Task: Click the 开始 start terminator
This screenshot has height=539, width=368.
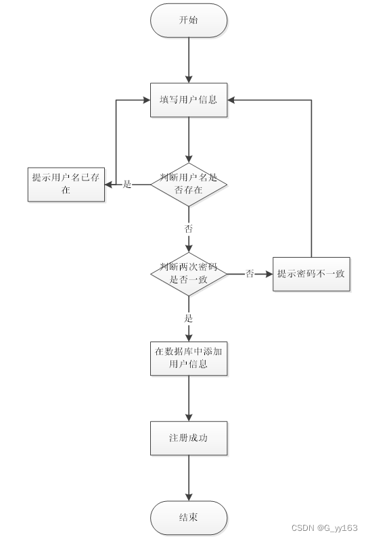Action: pos(189,20)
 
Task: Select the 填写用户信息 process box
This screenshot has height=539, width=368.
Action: pos(189,100)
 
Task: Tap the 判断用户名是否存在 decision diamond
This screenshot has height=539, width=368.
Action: pos(189,184)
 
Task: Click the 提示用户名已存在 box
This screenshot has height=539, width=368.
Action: pos(66,184)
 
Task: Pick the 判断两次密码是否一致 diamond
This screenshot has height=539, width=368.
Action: pos(189,274)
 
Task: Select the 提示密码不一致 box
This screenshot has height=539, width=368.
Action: pos(311,274)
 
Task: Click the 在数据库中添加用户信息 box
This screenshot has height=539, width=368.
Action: pos(189,358)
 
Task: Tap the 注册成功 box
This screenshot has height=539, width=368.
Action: pos(189,438)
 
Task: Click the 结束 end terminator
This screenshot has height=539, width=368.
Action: pos(189,518)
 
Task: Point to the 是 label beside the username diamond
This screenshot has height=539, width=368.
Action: pos(127,184)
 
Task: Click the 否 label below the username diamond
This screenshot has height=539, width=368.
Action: pos(189,229)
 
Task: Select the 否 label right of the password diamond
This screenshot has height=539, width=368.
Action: pos(250,274)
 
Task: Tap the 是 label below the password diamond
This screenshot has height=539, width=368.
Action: pos(189,318)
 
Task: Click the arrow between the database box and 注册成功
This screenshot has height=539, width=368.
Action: pos(189,398)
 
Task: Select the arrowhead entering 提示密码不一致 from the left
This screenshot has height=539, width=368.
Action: pos(269,274)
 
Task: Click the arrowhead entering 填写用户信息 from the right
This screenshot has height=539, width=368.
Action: pos(232,100)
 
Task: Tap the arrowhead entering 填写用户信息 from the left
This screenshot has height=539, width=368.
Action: pos(145,100)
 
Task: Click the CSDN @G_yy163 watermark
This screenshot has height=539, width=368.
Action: pos(324,528)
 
